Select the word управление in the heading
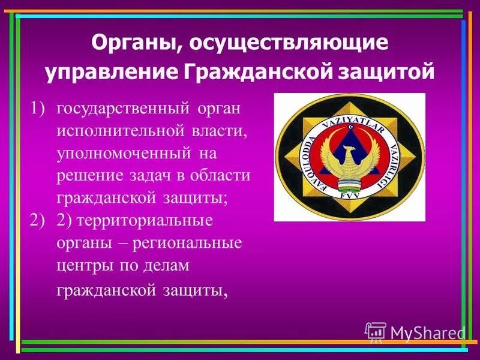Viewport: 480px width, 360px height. (109, 72)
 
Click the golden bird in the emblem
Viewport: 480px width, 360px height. (350, 160)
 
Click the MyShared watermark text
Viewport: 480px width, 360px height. (427, 332)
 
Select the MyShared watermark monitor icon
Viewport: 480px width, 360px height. (376, 332)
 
